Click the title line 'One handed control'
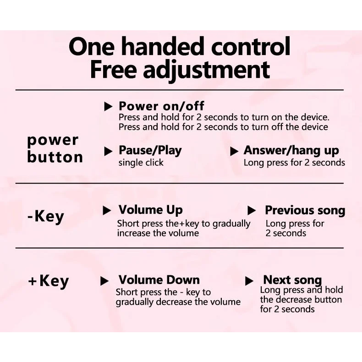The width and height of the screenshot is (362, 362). click(x=179, y=46)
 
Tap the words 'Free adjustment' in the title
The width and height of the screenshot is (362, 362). click(x=180, y=71)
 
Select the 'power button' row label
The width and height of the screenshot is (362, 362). click(x=55, y=149)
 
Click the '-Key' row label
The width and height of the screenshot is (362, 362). click(x=45, y=217)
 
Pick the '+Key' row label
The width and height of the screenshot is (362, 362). click(x=48, y=281)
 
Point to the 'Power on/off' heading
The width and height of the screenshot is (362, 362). click(x=161, y=106)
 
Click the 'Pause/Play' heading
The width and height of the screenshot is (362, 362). click(x=150, y=151)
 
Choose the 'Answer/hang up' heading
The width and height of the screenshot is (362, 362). click(x=291, y=151)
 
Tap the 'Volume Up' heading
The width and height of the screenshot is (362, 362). click(x=150, y=210)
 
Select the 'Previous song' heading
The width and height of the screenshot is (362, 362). click(x=305, y=210)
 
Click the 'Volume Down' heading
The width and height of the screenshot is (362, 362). click(x=159, y=280)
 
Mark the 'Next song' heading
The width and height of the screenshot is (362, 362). click(x=292, y=280)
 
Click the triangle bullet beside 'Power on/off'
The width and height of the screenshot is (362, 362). click(x=108, y=107)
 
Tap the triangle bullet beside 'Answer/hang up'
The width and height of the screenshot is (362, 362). click(x=234, y=152)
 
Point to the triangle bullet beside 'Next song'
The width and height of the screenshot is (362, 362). click(x=249, y=281)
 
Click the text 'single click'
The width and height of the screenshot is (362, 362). click(x=141, y=163)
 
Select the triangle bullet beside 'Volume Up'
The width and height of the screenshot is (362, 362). click(x=107, y=210)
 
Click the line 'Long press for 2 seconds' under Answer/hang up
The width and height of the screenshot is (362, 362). click(x=294, y=163)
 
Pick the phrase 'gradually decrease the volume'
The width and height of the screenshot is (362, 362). click(x=178, y=302)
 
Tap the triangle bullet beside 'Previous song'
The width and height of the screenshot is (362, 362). click(x=251, y=210)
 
